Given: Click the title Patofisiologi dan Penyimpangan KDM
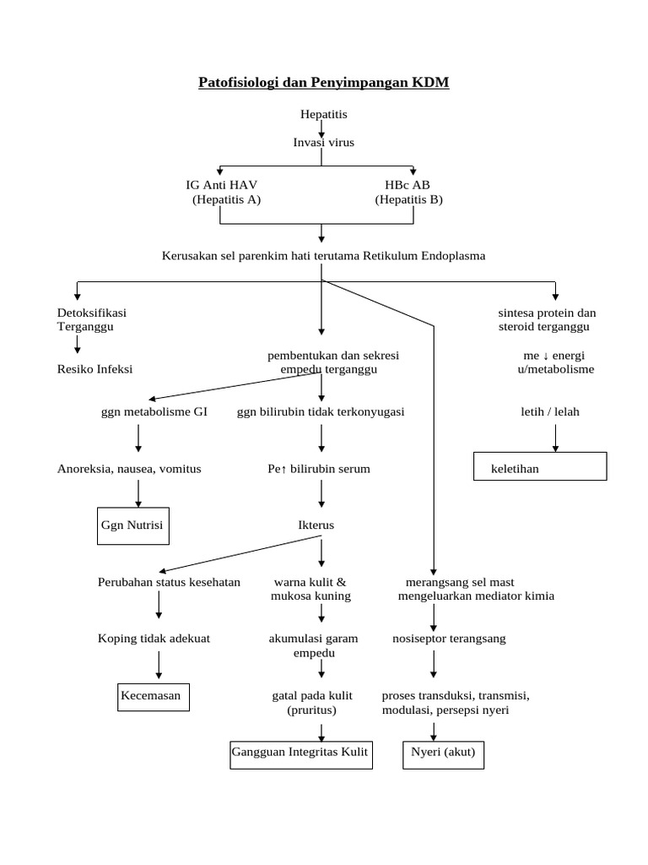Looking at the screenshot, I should [324, 82].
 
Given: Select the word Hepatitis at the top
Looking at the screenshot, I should [323, 113].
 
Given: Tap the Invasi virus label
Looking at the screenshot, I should [323, 142].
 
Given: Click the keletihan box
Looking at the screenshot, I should [538, 466].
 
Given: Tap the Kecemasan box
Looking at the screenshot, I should [154, 697].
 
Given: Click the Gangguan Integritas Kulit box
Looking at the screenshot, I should [301, 753].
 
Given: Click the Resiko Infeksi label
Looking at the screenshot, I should [94, 369].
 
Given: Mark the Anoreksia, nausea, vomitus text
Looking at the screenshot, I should [129, 468].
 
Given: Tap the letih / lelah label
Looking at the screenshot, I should [550, 411].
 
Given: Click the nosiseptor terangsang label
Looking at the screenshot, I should [449, 638].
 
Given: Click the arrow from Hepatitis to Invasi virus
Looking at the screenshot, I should [322, 128].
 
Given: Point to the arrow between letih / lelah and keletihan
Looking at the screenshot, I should [555, 437].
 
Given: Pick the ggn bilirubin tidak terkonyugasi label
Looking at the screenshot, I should [320, 411].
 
